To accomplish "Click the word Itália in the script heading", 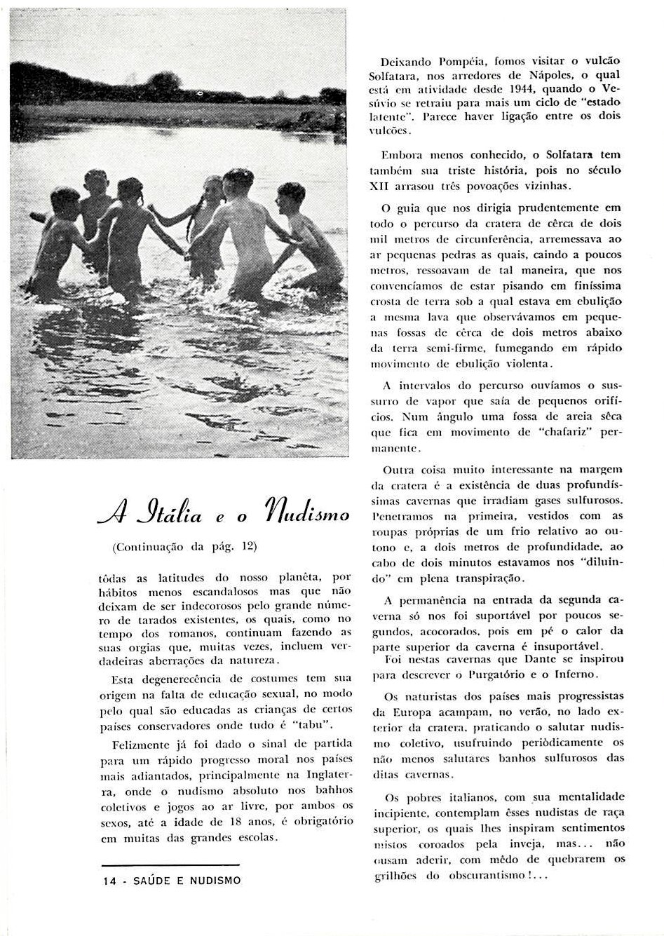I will (x=167, y=516).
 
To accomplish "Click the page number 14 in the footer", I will (x=108, y=880).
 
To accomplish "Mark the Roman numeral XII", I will (x=381, y=186).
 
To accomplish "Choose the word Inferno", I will (x=577, y=673).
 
